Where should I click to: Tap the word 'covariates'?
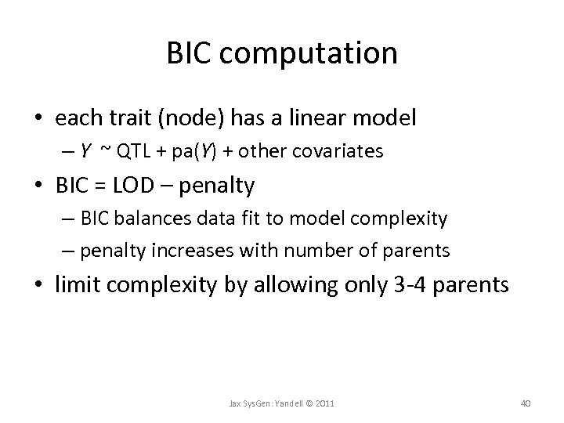tap(343, 150)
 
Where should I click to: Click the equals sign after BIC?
tap(103, 186)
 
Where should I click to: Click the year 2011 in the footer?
tap(324, 403)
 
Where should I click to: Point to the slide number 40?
tap(526, 403)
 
